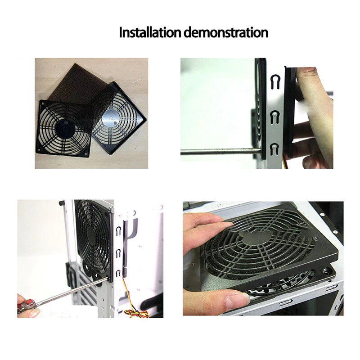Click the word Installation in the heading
click(x=150, y=33)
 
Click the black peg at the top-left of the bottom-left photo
click(x=61, y=203)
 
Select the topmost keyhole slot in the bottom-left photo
click(x=118, y=231)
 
